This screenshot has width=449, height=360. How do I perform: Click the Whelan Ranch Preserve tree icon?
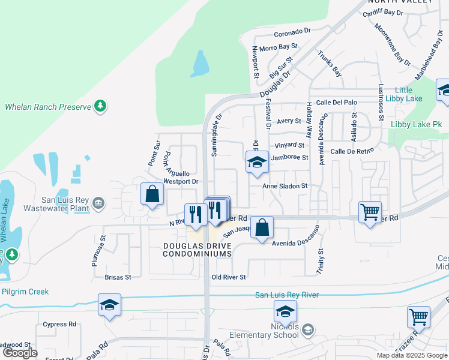101,107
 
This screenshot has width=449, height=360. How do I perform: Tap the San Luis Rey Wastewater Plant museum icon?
97,205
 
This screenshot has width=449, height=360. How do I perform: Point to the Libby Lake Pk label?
416,124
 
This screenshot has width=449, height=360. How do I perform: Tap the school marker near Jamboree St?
257,163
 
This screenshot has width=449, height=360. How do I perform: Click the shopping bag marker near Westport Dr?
152,194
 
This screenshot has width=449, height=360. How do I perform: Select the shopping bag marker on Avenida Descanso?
262,228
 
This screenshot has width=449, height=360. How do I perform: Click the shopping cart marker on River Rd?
370,212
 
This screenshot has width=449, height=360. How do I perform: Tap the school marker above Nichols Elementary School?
285,311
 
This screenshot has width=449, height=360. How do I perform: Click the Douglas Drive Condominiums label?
197,250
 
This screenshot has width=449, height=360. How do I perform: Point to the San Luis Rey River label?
287,295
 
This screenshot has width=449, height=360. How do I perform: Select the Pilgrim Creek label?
25,292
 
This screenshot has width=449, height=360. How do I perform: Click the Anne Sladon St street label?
285,186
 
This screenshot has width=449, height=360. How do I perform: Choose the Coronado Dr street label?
292,34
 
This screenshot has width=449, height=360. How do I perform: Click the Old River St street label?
229,277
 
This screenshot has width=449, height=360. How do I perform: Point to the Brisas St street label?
118,277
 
